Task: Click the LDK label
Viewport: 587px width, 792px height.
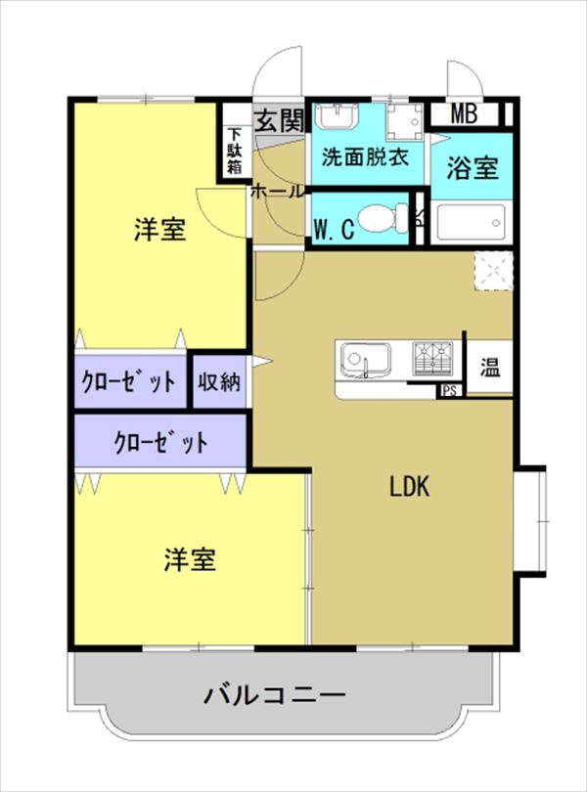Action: pyautogui.click(x=409, y=487)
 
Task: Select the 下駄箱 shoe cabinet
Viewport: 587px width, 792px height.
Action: pyautogui.click(x=235, y=151)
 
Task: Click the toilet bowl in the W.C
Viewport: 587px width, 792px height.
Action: pyautogui.click(x=383, y=219)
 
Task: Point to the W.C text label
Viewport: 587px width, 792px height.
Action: pyautogui.click(x=334, y=230)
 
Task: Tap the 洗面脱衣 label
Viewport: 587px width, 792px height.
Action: pyautogui.click(x=365, y=157)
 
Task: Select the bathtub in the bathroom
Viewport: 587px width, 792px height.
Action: pyautogui.click(x=472, y=222)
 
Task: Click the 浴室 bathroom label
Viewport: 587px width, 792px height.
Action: pyautogui.click(x=473, y=168)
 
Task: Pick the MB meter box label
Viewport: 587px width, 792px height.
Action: pyautogui.click(x=464, y=114)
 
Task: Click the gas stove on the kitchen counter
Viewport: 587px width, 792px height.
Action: pyautogui.click(x=432, y=359)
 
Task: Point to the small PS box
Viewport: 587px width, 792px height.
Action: pyautogui.click(x=449, y=390)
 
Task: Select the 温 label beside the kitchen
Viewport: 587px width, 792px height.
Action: pyautogui.click(x=490, y=368)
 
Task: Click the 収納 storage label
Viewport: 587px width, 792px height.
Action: pyautogui.click(x=218, y=382)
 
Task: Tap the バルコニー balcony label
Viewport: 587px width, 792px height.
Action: pyautogui.click(x=275, y=694)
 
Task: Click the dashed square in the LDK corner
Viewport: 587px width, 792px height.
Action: pyautogui.click(x=493, y=271)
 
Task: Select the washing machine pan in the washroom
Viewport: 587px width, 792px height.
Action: pyautogui.click(x=405, y=122)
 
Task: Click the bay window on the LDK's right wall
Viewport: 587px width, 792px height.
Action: pyautogui.click(x=530, y=521)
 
